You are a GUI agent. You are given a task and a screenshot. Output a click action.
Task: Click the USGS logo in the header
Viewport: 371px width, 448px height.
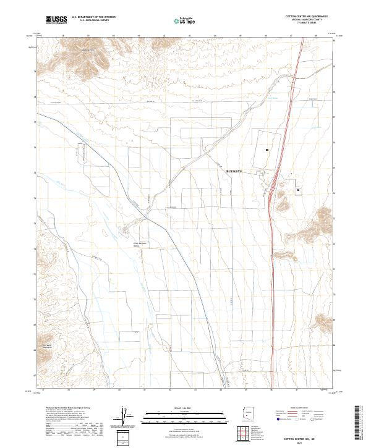pyautogui.click(x=56, y=20)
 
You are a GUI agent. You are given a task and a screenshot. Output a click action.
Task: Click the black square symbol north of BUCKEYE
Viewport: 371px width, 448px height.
pyautogui.click(x=266, y=150)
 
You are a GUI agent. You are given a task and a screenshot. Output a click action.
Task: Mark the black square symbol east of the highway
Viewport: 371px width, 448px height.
pyautogui.click(x=300, y=190)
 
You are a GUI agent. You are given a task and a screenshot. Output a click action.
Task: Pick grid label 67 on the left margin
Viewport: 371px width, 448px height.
pyautogui.click(x=35, y=375)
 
